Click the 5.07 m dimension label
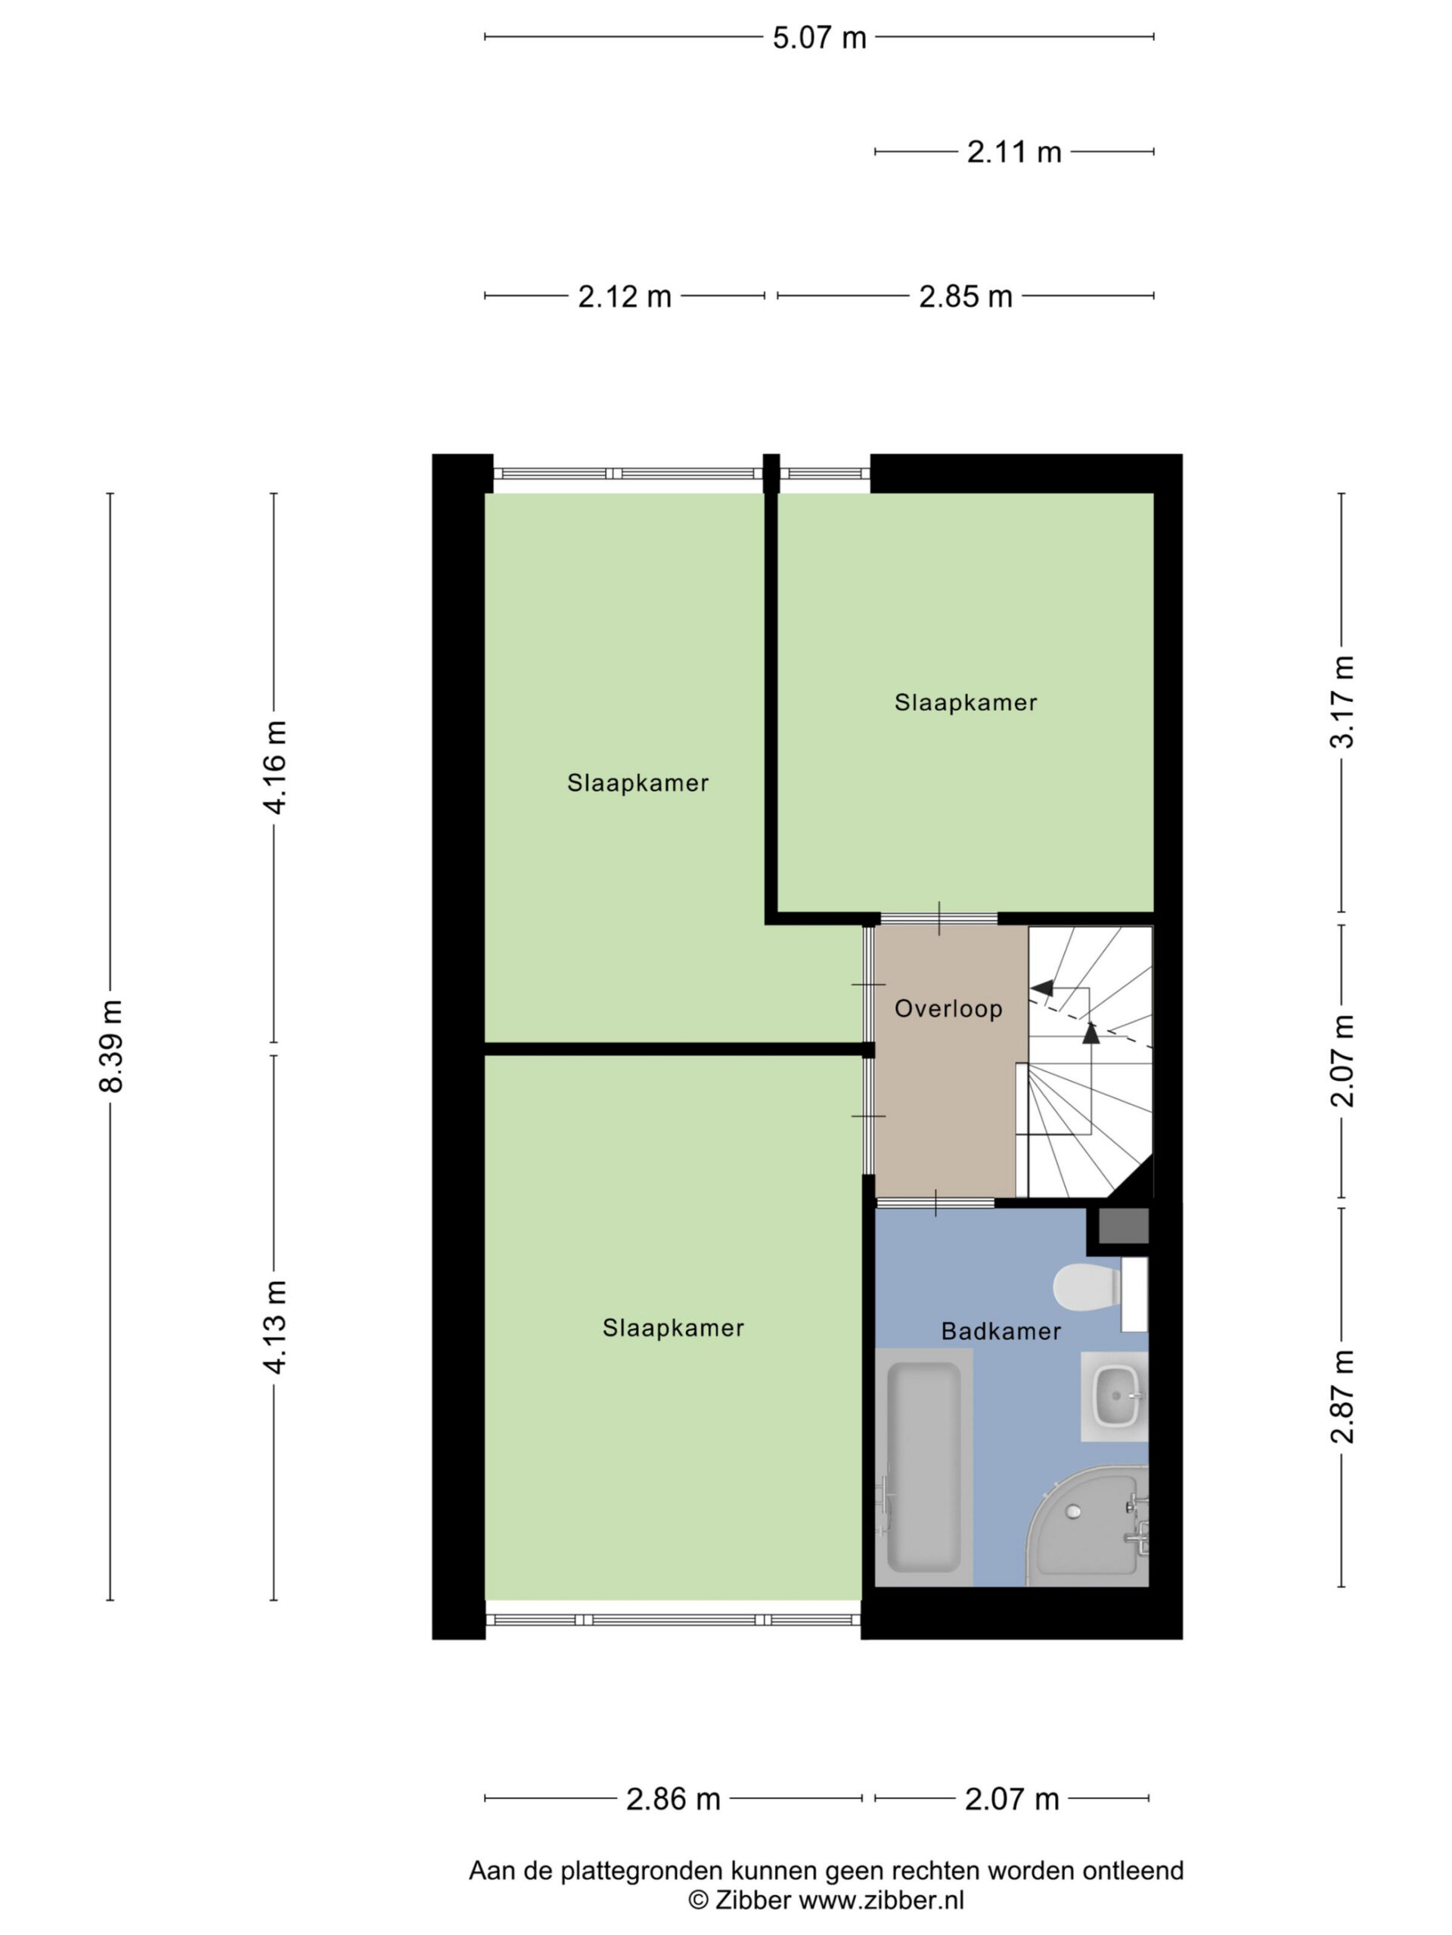[819, 38]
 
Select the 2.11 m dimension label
[1013, 152]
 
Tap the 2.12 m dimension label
[624, 296]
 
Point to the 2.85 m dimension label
[966, 296]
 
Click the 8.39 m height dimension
[111, 1046]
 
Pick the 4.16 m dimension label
[275, 767]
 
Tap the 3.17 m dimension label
[1342, 701]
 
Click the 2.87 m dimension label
[1342, 1396]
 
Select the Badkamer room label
[1001, 1331]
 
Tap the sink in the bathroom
[1114, 1396]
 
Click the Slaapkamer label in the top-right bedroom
[966, 702]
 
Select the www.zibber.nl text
[883, 1900]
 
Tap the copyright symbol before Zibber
[697, 1900]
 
